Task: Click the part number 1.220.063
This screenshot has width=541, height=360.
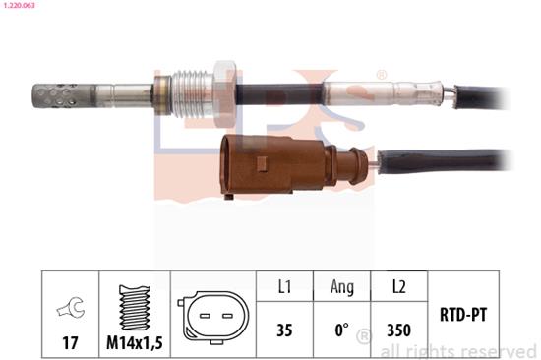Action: (20, 7)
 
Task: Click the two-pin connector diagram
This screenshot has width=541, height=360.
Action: (213, 317)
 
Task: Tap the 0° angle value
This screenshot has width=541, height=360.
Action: (340, 331)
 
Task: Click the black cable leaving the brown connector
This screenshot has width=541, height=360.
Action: (443, 159)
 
